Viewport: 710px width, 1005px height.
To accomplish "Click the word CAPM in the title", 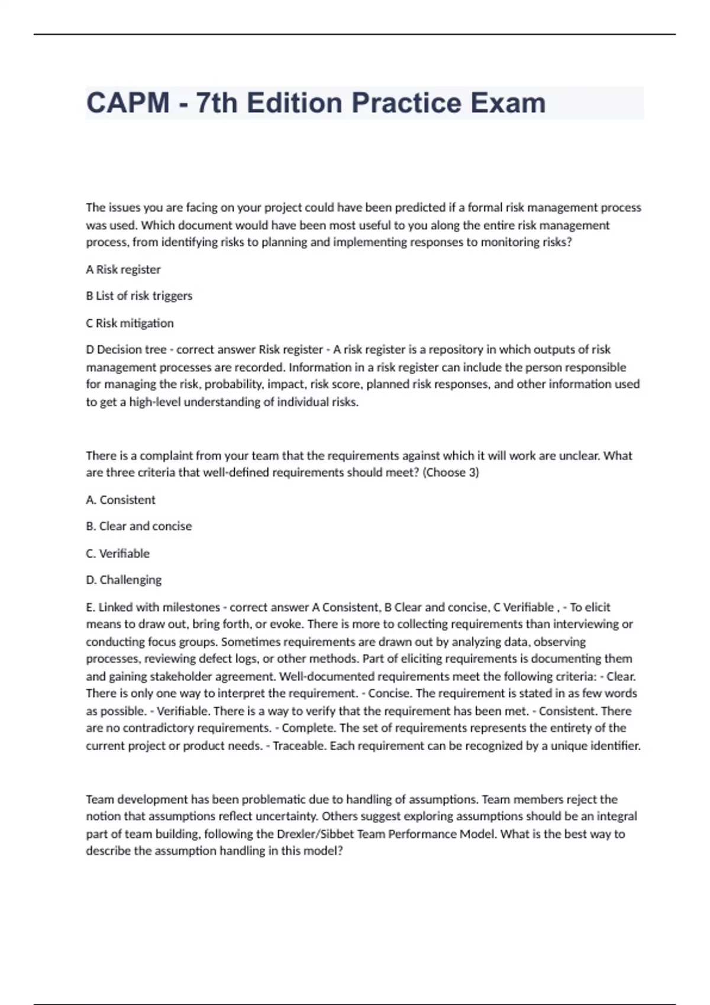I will point(128,103).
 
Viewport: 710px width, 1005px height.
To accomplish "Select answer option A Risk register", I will point(123,270).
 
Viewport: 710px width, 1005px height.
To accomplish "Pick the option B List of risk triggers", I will point(139,296).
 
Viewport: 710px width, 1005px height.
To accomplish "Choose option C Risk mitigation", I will point(130,323).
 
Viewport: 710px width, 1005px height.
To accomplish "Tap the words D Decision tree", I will point(126,349).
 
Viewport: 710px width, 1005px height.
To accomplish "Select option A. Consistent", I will point(121,500).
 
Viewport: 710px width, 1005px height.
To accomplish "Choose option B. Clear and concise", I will point(138,526).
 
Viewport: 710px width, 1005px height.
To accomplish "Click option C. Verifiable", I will point(118,554).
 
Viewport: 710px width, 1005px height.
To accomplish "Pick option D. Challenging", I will point(124,580).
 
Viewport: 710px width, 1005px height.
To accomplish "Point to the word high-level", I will point(156,402).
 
